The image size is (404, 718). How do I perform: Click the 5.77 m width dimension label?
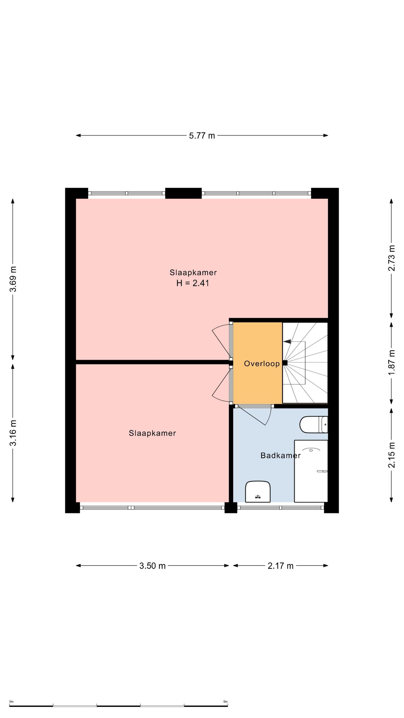(202, 135)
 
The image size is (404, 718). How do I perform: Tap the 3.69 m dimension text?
(13, 279)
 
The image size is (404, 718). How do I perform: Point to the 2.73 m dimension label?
(392, 258)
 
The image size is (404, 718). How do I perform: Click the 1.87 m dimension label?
(392, 362)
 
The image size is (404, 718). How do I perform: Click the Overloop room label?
(262, 364)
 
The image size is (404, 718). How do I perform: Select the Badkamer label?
(281, 455)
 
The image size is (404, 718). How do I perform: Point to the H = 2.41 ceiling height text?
(193, 283)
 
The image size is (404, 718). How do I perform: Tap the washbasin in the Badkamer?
(258, 491)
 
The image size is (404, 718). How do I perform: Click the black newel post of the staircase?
(285, 363)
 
